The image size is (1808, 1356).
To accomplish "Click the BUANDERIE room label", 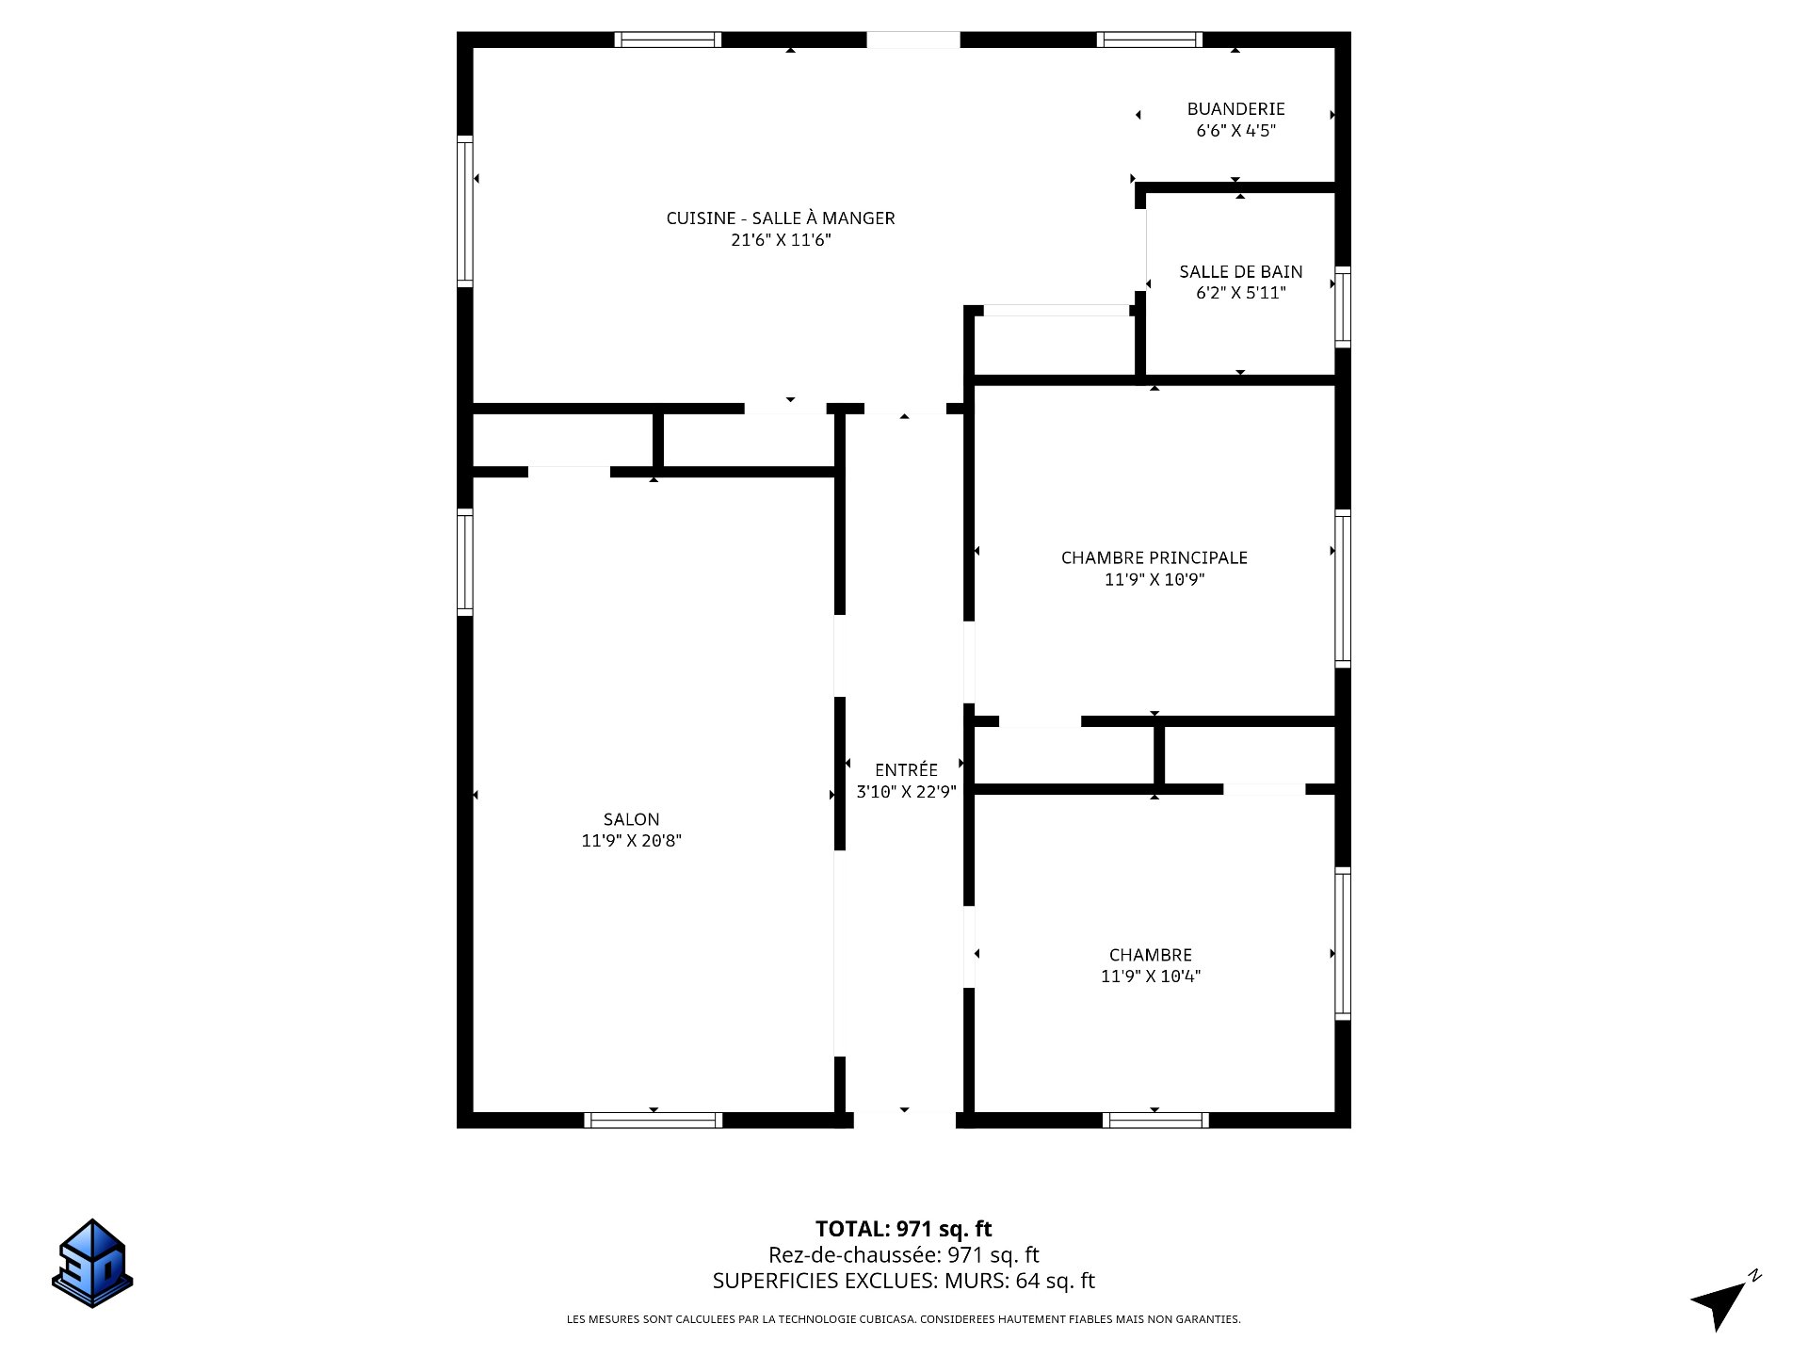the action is [x=1235, y=109].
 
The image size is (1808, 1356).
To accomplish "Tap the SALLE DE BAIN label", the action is [x=1241, y=272].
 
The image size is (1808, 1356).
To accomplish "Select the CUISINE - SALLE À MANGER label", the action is [x=781, y=218].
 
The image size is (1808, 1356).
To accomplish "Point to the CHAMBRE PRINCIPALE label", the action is [x=1154, y=557].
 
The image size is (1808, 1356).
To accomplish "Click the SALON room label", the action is [x=632, y=819].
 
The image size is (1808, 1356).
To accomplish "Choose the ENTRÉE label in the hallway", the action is [x=906, y=769].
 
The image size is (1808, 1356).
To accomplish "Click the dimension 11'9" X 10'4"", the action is [x=1151, y=977].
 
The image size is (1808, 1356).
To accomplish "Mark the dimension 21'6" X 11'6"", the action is [x=782, y=240].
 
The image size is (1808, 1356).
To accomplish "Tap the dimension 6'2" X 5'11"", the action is [x=1241, y=293].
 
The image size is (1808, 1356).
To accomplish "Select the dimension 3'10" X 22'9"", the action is [x=906, y=792].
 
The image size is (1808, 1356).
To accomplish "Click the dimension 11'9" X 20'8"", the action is [x=632, y=841].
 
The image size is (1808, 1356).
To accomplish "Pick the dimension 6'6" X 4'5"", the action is [x=1235, y=131].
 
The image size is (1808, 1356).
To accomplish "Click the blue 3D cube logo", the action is [x=92, y=1263].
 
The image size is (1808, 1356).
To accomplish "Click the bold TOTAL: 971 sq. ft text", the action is [x=904, y=1229].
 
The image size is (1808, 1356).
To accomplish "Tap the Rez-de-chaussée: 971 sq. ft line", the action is [x=904, y=1255].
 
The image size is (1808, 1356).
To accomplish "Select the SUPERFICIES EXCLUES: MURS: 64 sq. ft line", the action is [x=904, y=1281].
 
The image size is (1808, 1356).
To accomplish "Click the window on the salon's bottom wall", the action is [x=654, y=1121].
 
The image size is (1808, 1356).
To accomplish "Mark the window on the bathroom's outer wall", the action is [x=1344, y=308].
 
